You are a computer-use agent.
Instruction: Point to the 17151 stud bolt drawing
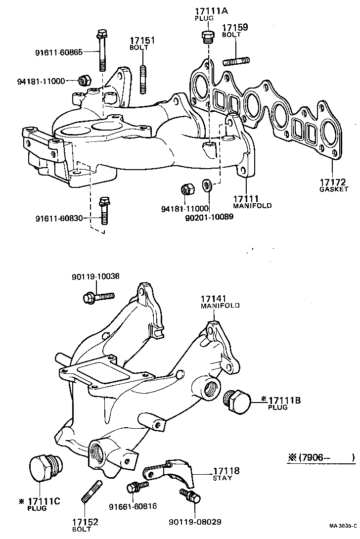coord(143,79)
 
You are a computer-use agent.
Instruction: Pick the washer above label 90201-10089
coord(207,186)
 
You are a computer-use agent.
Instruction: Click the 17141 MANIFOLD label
coord(220,302)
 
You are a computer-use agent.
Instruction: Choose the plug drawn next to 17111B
coord(236,399)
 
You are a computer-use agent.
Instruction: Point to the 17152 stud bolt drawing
coord(92,493)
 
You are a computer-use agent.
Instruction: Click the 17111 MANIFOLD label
coord(252,201)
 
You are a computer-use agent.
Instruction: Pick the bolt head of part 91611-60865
coord(102,35)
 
